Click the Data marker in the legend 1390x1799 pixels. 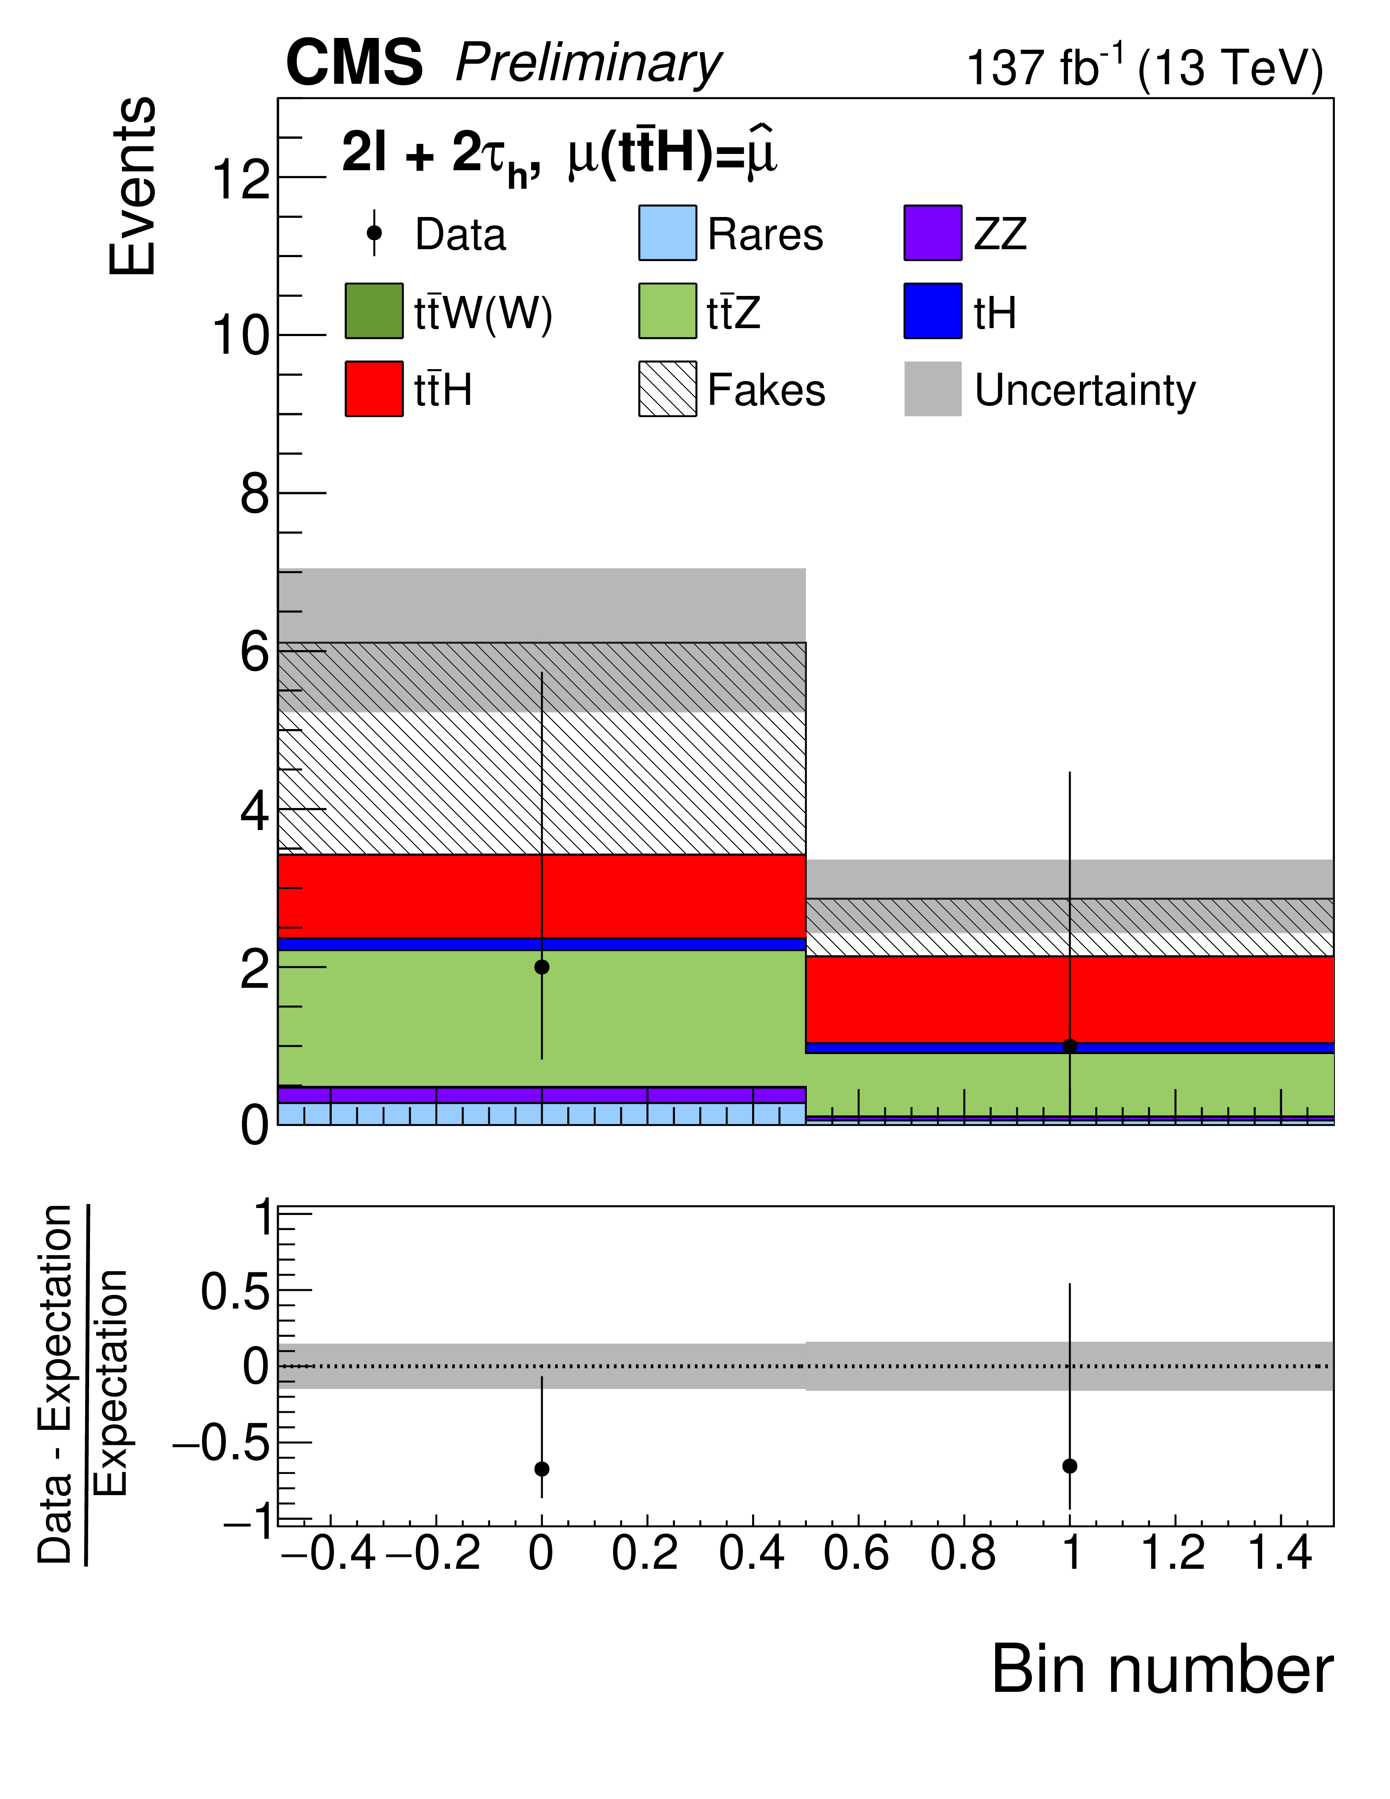coord(374,233)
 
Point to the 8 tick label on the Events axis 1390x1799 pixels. coord(255,495)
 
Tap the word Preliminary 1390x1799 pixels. coord(588,64)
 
